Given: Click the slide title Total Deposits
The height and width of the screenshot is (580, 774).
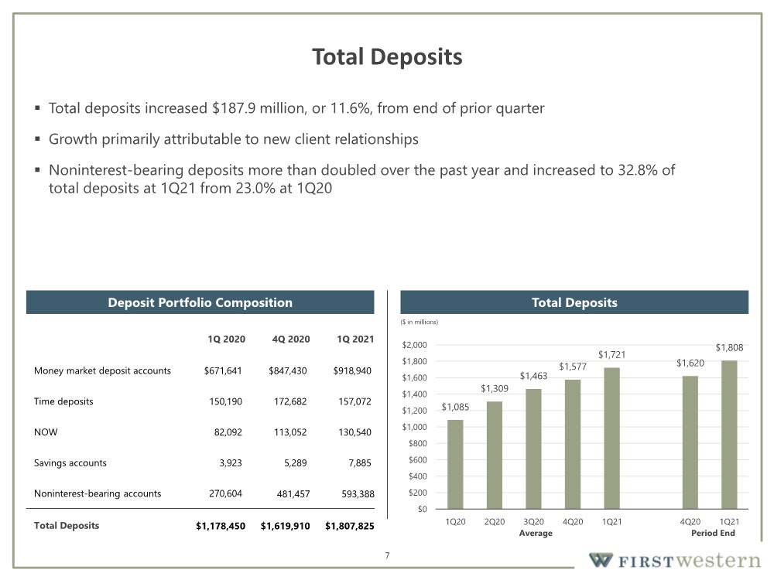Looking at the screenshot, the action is [x=387, y=56].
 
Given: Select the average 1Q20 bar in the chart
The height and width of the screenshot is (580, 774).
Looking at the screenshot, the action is [x=455, y=464].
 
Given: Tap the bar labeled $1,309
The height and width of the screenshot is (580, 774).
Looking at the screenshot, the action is [x=494, y=455].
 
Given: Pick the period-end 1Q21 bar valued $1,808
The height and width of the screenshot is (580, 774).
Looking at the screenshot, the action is [x=729, y=435].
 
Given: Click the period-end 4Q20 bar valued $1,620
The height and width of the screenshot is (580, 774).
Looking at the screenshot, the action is [x=690, y=442].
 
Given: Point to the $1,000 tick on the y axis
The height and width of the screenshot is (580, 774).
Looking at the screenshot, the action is [x=415, y=427].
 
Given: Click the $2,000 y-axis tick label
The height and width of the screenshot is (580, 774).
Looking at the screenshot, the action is [x=415, y=345].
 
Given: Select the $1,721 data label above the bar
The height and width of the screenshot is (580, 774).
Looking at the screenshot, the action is [x=611, y=355].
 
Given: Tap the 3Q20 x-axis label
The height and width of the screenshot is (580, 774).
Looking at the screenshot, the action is [x=533, y=522].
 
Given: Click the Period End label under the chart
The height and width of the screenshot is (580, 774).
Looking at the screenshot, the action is [x=713, y=533].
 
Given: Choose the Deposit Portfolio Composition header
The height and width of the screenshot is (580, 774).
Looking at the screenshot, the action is [x=200, y=302].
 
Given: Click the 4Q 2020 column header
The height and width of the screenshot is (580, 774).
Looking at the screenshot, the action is [x=291, y=339].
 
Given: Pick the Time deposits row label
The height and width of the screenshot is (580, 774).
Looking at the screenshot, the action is [x=63, y=401].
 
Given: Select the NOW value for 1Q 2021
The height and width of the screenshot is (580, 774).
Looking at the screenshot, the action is [x=354, y=432].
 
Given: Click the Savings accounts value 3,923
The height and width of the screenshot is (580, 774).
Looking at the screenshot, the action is [x=231, y=463].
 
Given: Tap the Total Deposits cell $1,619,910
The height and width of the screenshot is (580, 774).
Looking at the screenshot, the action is [x=286, y=526].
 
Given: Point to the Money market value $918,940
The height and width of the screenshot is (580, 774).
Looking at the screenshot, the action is [x=352, y=371].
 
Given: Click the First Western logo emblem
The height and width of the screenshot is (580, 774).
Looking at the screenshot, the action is [x=601, y=560].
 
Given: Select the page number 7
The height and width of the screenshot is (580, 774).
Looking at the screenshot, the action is [x=388, y=555].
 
